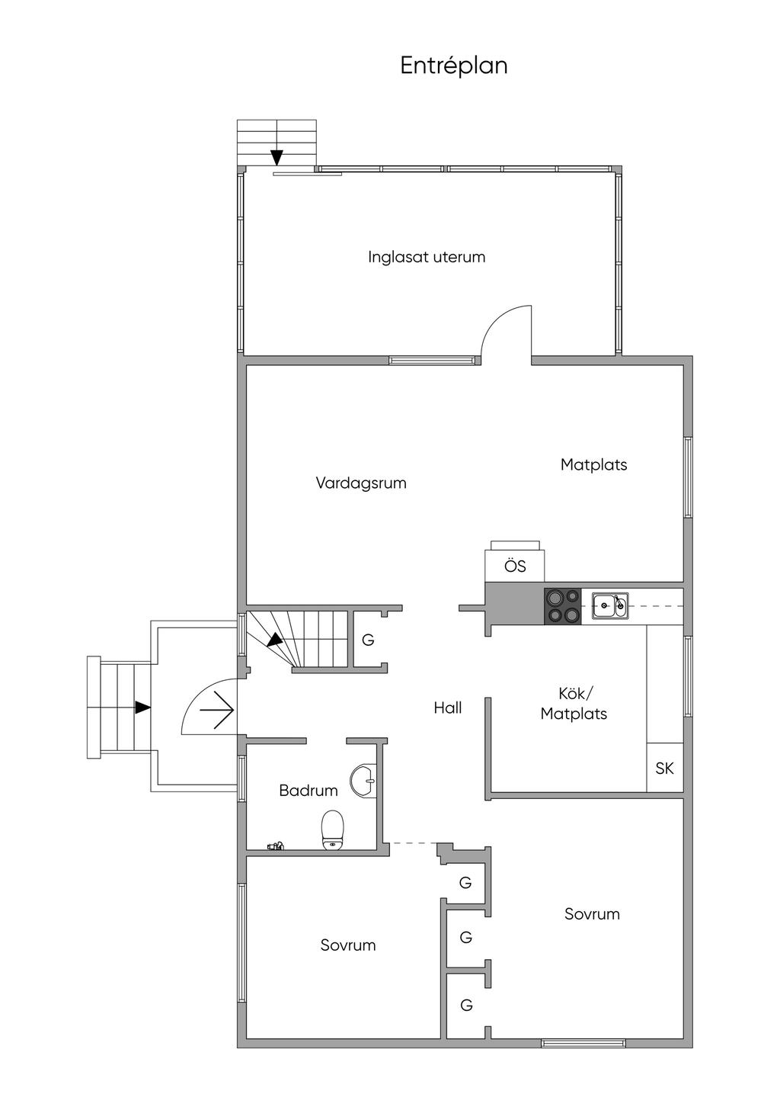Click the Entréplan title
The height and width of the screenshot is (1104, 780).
pos(454,66)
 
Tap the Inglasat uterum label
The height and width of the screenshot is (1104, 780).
pos(427,257)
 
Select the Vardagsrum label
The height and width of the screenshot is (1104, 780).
pos(361,483)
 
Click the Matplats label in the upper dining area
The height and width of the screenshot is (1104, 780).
pos(593,464)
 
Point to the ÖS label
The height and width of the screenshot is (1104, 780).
pos(515,566)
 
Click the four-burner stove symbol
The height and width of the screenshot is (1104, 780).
pos(562,607)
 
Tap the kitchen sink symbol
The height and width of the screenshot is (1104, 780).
pos(610,606)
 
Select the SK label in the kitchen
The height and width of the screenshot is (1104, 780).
pos(664,768)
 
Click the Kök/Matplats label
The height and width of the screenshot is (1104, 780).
pos(574,704)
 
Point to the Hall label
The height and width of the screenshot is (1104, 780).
pos(448,708)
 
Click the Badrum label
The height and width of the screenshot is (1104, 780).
pos(308,791)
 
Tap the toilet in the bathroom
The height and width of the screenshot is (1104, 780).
pos(333,830)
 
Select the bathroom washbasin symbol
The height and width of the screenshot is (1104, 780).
pos(363,780)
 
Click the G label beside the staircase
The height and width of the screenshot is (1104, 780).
pos(368,640)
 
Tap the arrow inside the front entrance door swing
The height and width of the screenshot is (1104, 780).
pos(217,710)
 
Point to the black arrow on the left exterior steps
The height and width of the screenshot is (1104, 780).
pos(142,708)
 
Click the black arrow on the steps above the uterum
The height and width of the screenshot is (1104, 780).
pos(277,157)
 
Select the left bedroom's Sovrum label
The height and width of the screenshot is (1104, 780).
pos(348,945)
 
